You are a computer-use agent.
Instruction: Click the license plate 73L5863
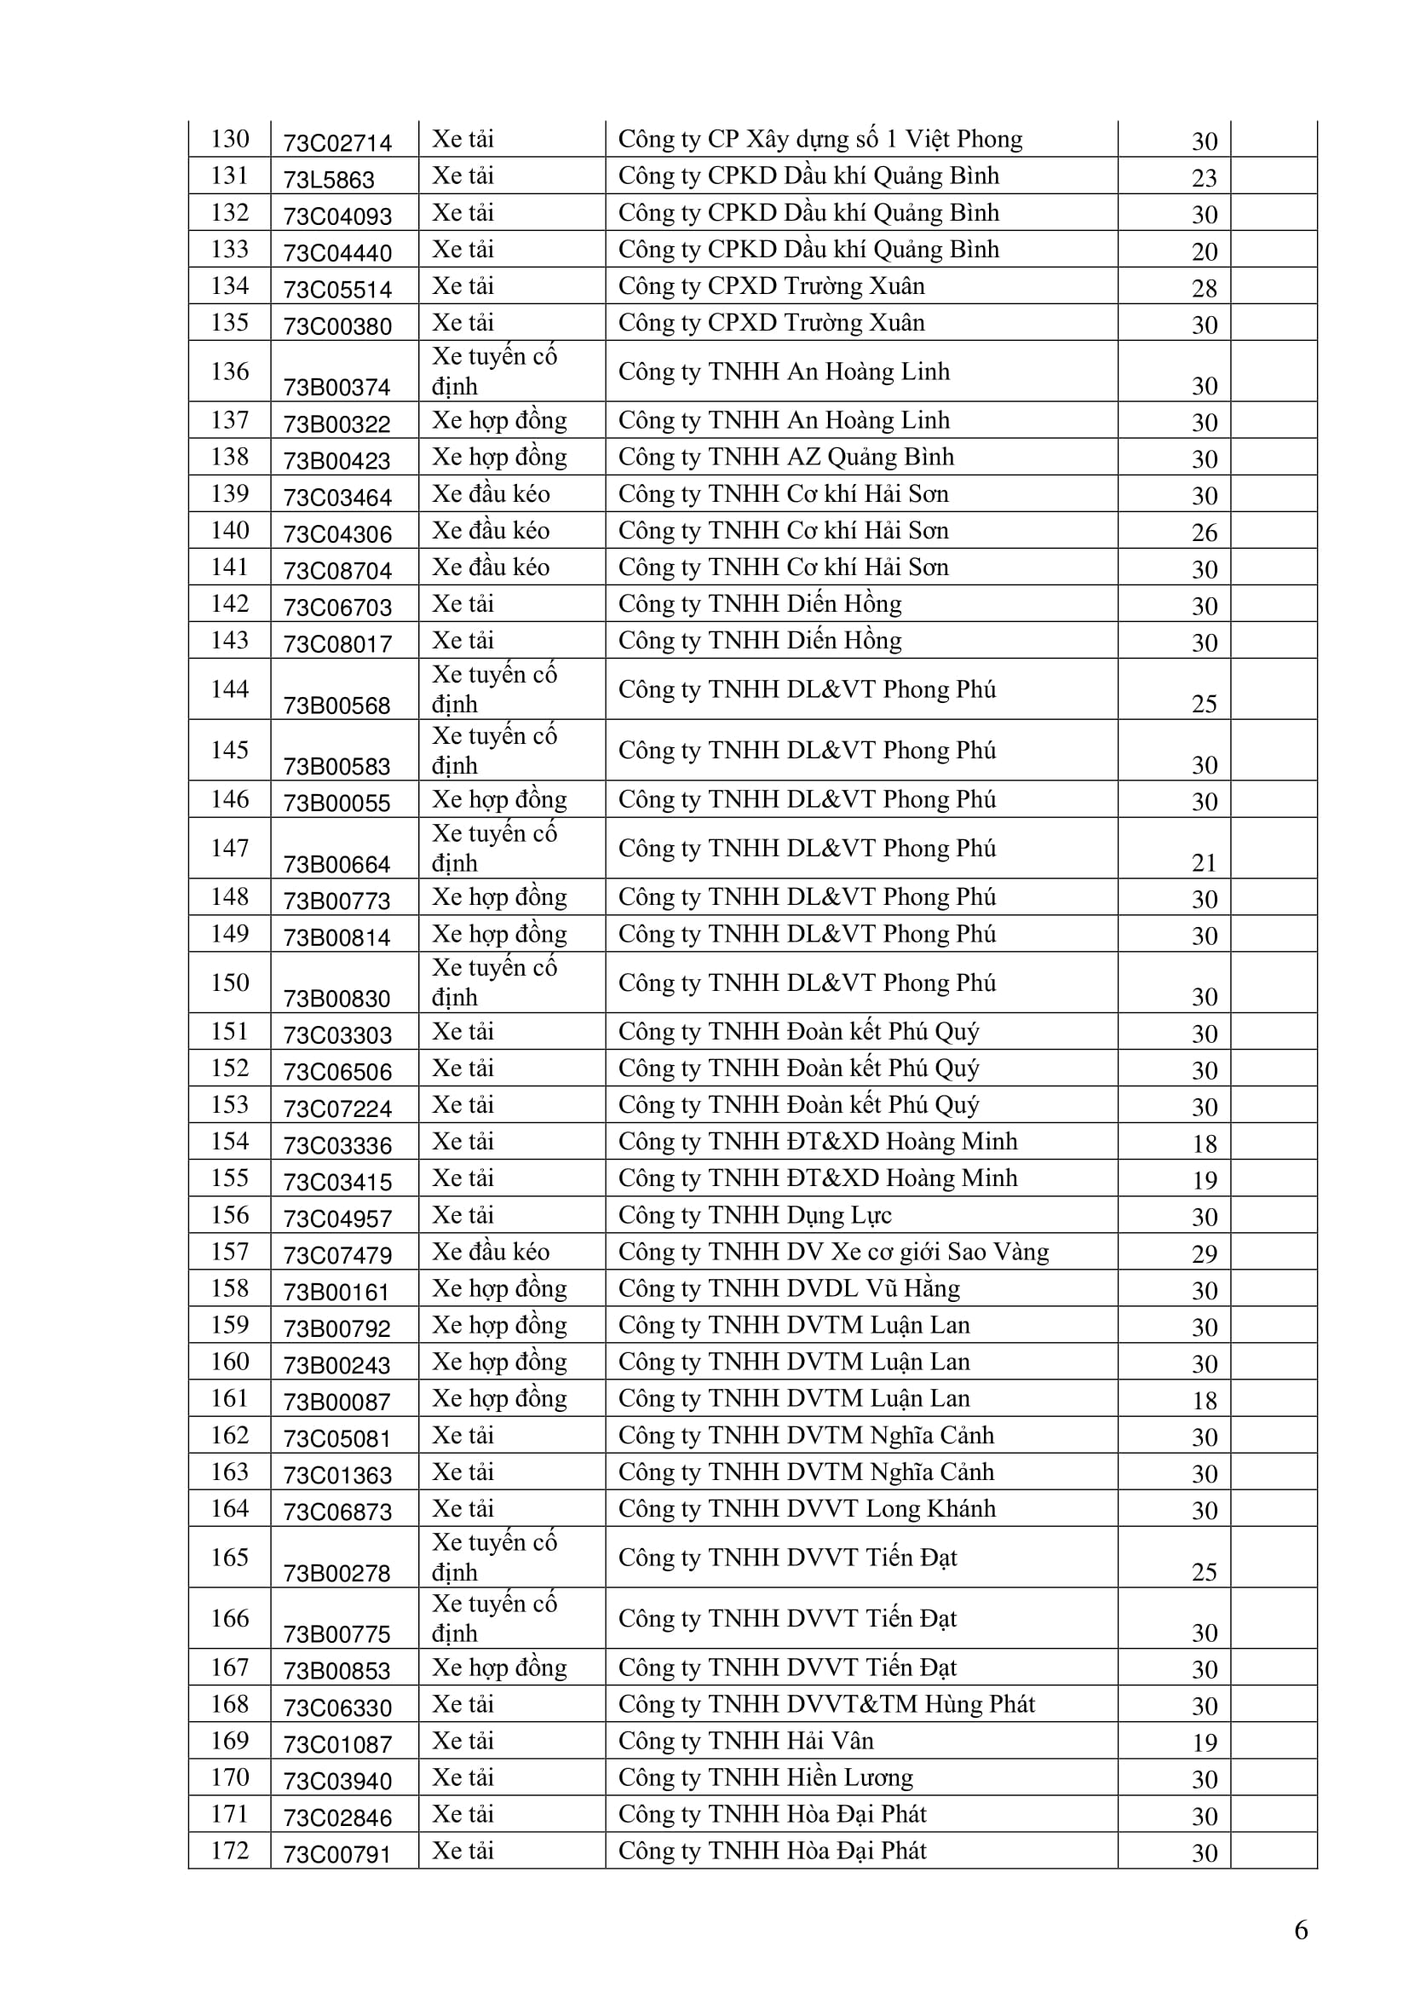[x=329, y=180]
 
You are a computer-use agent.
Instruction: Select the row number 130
[x=230, y=139]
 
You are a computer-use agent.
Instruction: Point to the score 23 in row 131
[x=1205, y=178]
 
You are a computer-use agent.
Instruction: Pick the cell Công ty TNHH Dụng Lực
[x=755, y=1215]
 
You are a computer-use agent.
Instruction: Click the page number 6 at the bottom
[x=1301, y=1930]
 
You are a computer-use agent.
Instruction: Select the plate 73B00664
[x=337, y=865]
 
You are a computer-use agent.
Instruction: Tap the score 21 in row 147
[x=1205, y=863]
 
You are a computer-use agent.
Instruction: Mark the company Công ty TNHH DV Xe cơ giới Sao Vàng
[x=833, y=1252]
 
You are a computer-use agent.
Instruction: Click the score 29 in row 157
[x=1205, y=1253]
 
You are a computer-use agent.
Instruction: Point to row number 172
[x=230, y=1851]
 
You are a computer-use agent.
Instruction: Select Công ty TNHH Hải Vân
[x=745, y=1742]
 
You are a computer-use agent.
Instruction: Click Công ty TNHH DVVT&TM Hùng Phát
[x=826, y=1704]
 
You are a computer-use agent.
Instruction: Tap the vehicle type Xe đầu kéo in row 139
[x=491, y=494]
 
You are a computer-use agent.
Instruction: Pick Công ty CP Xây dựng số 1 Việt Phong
[x=820, y=139]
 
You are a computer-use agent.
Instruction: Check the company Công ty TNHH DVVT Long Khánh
[x=807, y=1509]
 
